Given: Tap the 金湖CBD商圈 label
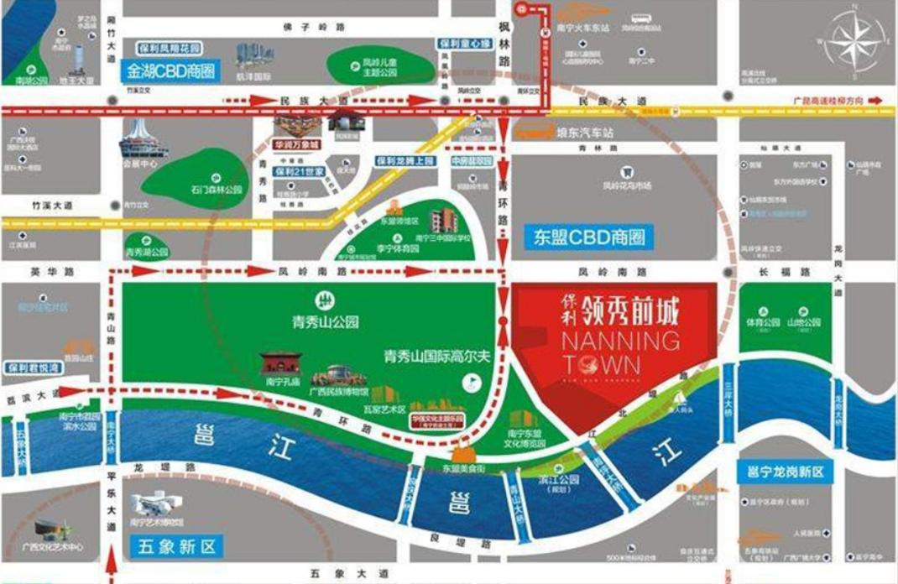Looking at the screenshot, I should tap(169, 70).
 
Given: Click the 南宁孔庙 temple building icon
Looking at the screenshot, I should tap(279, 363).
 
